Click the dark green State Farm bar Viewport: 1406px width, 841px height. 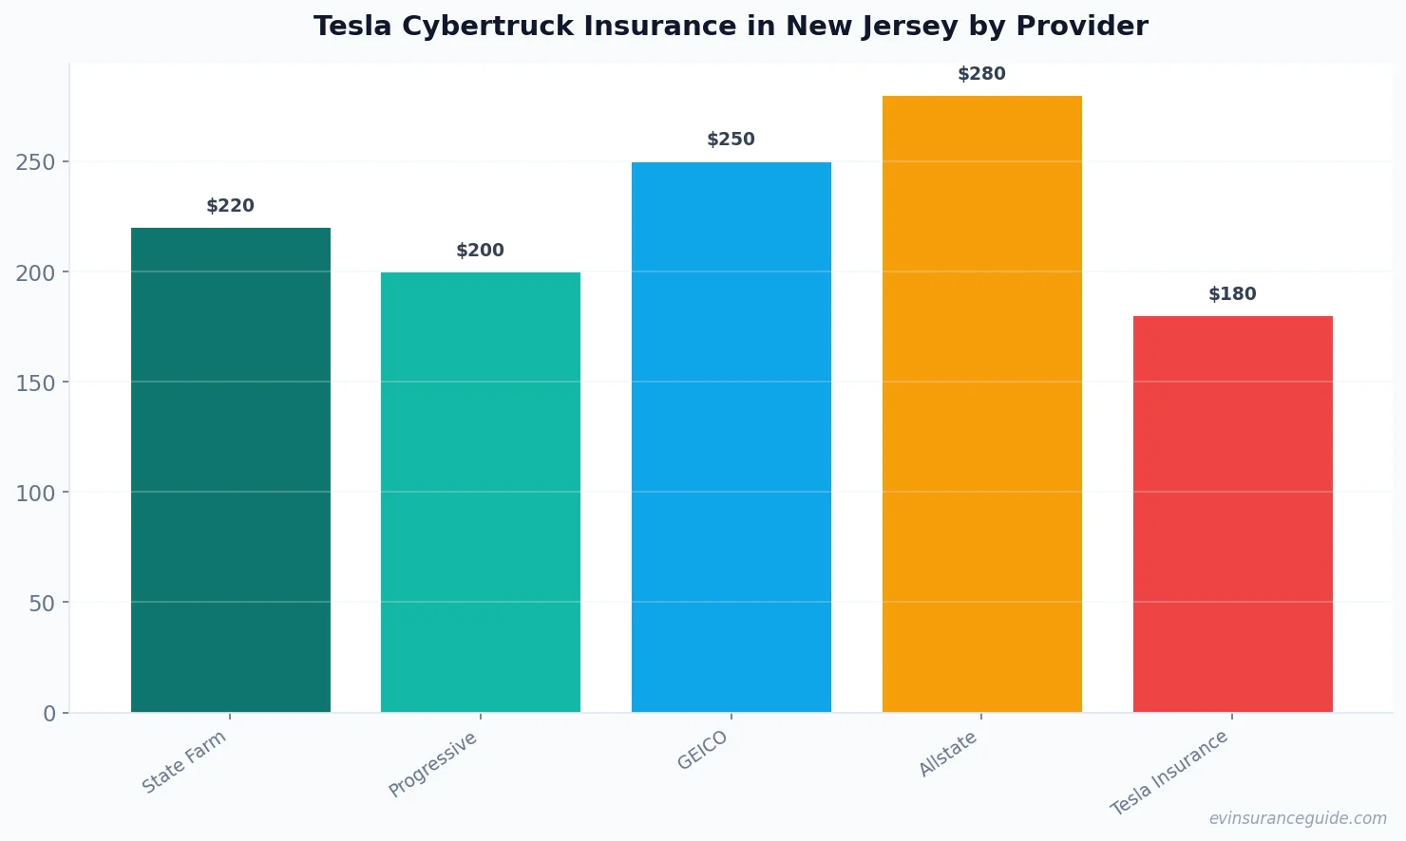coord(231,470)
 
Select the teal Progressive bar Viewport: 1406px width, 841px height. coord(481,492)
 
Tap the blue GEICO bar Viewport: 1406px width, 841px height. coord(731,437)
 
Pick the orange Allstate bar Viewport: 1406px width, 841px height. coord(981,403)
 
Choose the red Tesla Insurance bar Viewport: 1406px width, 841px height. coord(1232,514)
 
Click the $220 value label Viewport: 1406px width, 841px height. coord(231,206)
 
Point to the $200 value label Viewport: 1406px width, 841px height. coord(481,251)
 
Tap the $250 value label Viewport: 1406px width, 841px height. coord(731,140)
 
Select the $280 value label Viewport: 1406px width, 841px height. coord(981,74)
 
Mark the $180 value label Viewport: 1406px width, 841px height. coord(1232,294)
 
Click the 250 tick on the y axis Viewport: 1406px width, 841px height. coord(35,162)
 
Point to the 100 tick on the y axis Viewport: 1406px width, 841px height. coord(35,493)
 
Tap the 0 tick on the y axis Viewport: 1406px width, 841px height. coord(49,714)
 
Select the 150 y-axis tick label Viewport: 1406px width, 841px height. coord(35,383)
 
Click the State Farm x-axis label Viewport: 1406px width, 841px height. coord(184,761)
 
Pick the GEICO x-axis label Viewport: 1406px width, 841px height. coord(703,750)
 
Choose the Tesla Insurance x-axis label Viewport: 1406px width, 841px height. coord(1169,773)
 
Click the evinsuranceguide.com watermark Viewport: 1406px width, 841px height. coord(1298,818)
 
